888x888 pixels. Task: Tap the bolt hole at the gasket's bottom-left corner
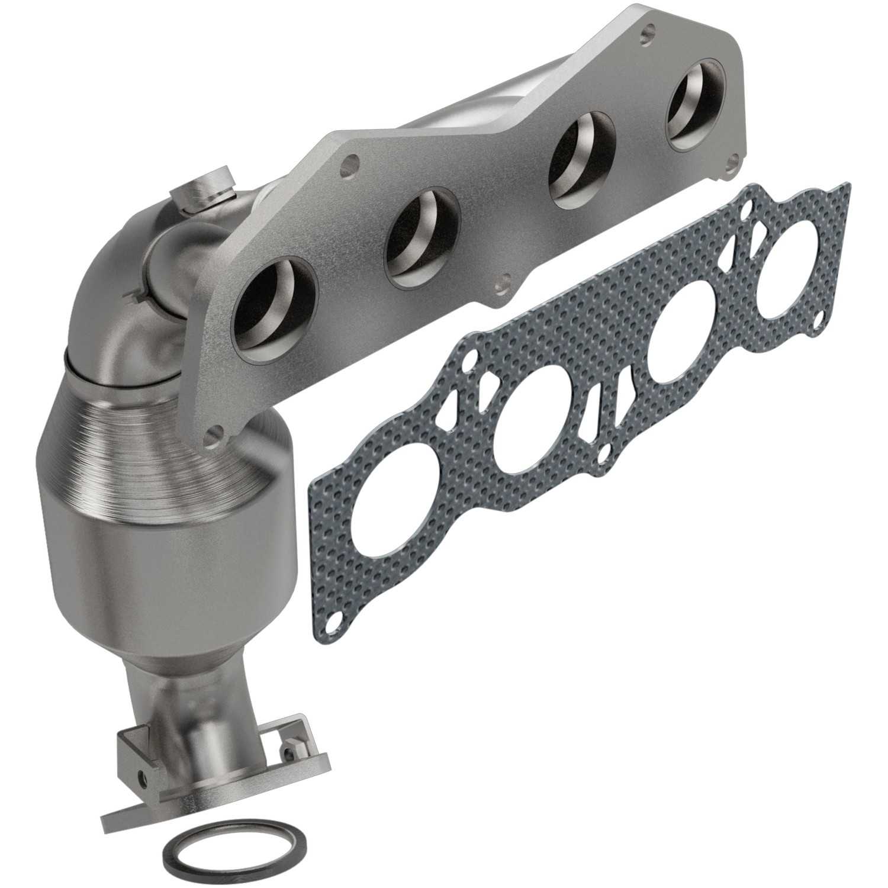[336, 622]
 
